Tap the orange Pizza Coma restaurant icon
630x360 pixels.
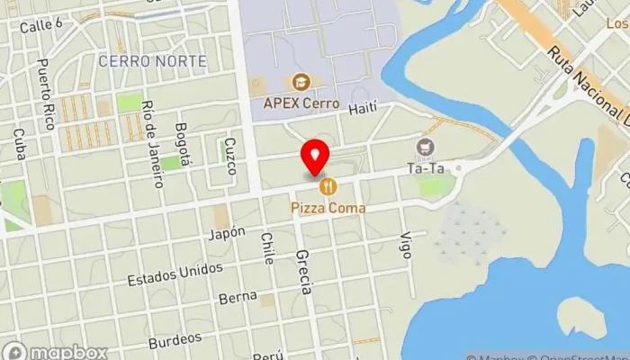pos(328,186)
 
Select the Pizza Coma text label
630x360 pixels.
pos(328,208)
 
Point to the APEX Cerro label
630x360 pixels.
pos(301,103)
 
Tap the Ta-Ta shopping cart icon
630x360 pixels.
pos(425,147)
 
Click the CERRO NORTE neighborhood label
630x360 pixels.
pos(152,61)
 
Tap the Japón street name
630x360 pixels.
pos(226,232)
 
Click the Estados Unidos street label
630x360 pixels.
pos(175,271)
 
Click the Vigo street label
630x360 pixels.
pos(406,246)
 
